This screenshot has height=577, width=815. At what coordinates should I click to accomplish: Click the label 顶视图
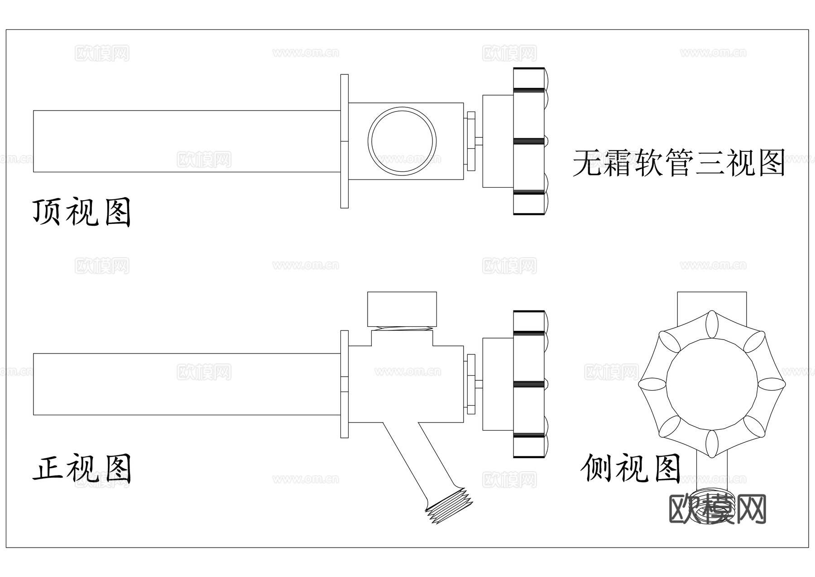point(81,212)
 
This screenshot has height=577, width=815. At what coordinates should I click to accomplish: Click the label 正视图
point(81,468)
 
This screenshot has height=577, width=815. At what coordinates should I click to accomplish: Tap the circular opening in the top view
point(402,141)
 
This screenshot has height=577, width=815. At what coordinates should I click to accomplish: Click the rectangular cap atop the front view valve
point(402,309)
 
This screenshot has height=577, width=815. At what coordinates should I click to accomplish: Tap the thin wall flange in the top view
point(345,141)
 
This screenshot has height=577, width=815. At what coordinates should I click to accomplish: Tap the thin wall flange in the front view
point(345,384)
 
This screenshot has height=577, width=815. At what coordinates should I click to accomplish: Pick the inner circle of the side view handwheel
point(712,384)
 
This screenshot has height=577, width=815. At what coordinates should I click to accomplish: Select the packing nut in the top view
point(471,141)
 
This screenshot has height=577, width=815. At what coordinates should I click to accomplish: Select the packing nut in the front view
point(471,384)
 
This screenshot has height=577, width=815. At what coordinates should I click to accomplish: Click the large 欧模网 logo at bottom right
point(717,509)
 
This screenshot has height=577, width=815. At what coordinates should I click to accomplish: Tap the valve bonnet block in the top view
point(498,141)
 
